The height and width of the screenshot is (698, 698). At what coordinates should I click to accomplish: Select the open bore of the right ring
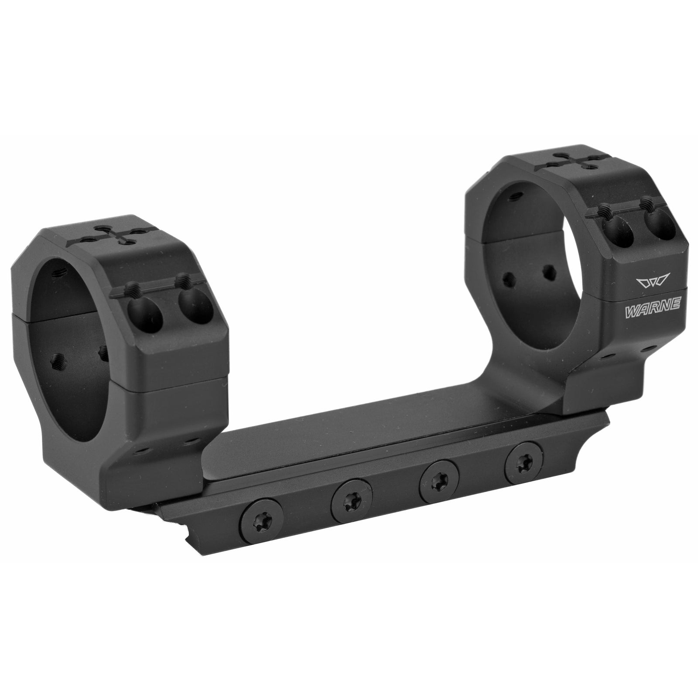530,244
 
